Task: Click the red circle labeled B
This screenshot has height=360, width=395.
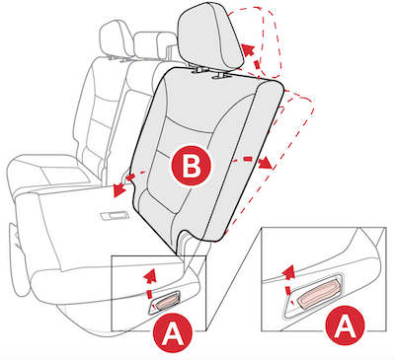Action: (x=192, y=166)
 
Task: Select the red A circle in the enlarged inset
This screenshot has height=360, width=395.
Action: (x=345, y=324)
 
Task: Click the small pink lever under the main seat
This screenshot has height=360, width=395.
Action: (x=168, y=301)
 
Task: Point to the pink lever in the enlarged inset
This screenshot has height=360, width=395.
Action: (x=318, y=294)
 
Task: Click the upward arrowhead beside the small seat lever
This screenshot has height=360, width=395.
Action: (x=150, y=274)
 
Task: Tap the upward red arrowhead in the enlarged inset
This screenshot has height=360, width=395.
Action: (x=289, y=271)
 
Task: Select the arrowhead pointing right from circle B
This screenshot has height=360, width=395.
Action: (x=266, y=163)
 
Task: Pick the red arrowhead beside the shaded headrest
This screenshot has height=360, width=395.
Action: (x=248, y=50)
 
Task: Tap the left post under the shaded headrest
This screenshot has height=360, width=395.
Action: (x=198, y=69)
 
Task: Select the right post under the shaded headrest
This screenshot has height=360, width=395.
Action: (x=220, y=76)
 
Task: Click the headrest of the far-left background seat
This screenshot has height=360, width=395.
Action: (x=113, y=37)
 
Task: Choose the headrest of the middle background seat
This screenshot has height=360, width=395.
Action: (x=155, y=46)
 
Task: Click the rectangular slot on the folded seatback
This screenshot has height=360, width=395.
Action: (x=114, y=215)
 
